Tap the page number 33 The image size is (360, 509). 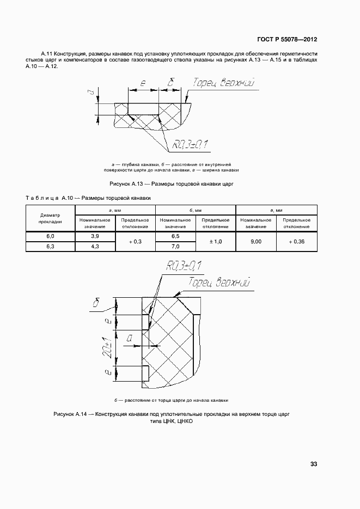[x=314, y=464]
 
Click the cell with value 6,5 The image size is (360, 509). [x=175, y=236]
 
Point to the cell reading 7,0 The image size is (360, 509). [x=175, y=247]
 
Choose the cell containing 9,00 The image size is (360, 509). [x=255, y=241]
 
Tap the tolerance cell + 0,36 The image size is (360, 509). [x=297, y=241]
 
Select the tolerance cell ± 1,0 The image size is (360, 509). [x=215, y=241]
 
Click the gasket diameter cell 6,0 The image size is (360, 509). [x=50, y=236]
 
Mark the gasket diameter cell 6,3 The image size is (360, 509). [x=50, y=247]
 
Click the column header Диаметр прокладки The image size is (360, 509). [x=50, y=218]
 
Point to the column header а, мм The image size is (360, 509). [x=115, y=210]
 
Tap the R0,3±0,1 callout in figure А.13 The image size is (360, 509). [x=191, y=144]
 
